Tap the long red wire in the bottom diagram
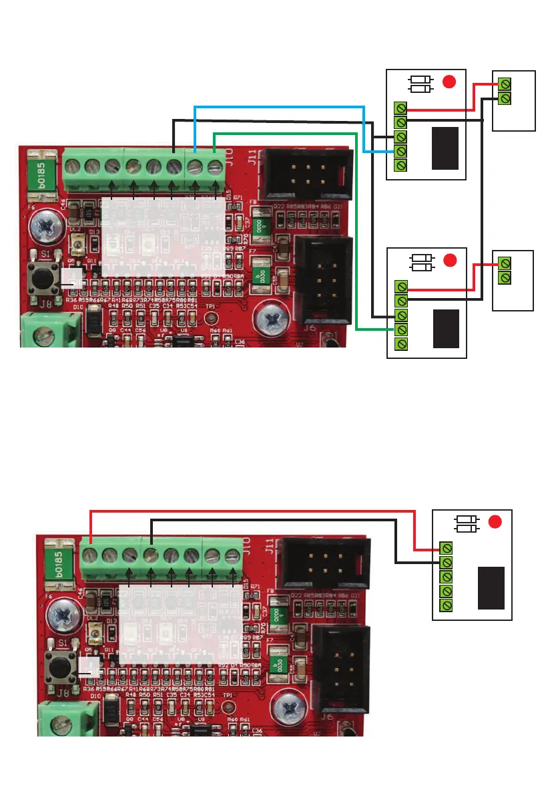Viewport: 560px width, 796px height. tap(254, 511)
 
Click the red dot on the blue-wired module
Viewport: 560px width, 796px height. tap(449, 82)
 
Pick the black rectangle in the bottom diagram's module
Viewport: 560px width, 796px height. tap(491, 587)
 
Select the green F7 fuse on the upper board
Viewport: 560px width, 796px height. tap(258, 276)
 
